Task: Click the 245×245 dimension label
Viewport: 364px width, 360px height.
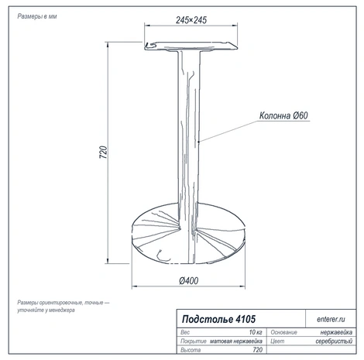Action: (x=191, y=20)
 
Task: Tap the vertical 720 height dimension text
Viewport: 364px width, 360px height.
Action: (x=103, y=153)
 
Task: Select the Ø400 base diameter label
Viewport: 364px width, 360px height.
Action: (x=189, y=281)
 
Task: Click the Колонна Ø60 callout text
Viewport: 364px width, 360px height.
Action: (x=283, y=115)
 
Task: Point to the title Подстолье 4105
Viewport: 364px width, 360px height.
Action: (x=218, y=319)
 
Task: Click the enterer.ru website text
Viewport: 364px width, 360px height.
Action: (x=331, y=319)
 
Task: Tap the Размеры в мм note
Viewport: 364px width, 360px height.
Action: (x=37, y=16)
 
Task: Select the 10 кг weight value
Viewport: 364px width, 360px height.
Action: (x=256, y=332)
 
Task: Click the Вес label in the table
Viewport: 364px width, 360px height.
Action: (x=185, y=332)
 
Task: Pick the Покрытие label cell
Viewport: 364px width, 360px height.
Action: (x=194, y=341)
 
